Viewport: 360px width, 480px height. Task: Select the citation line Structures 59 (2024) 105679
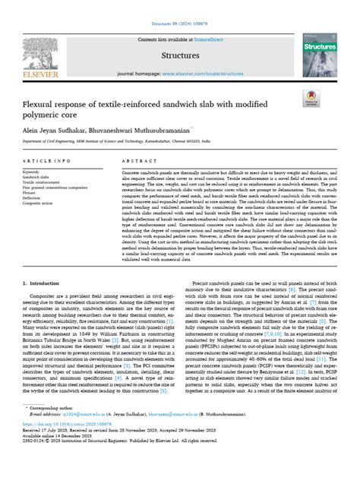(x=179, y=6)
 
